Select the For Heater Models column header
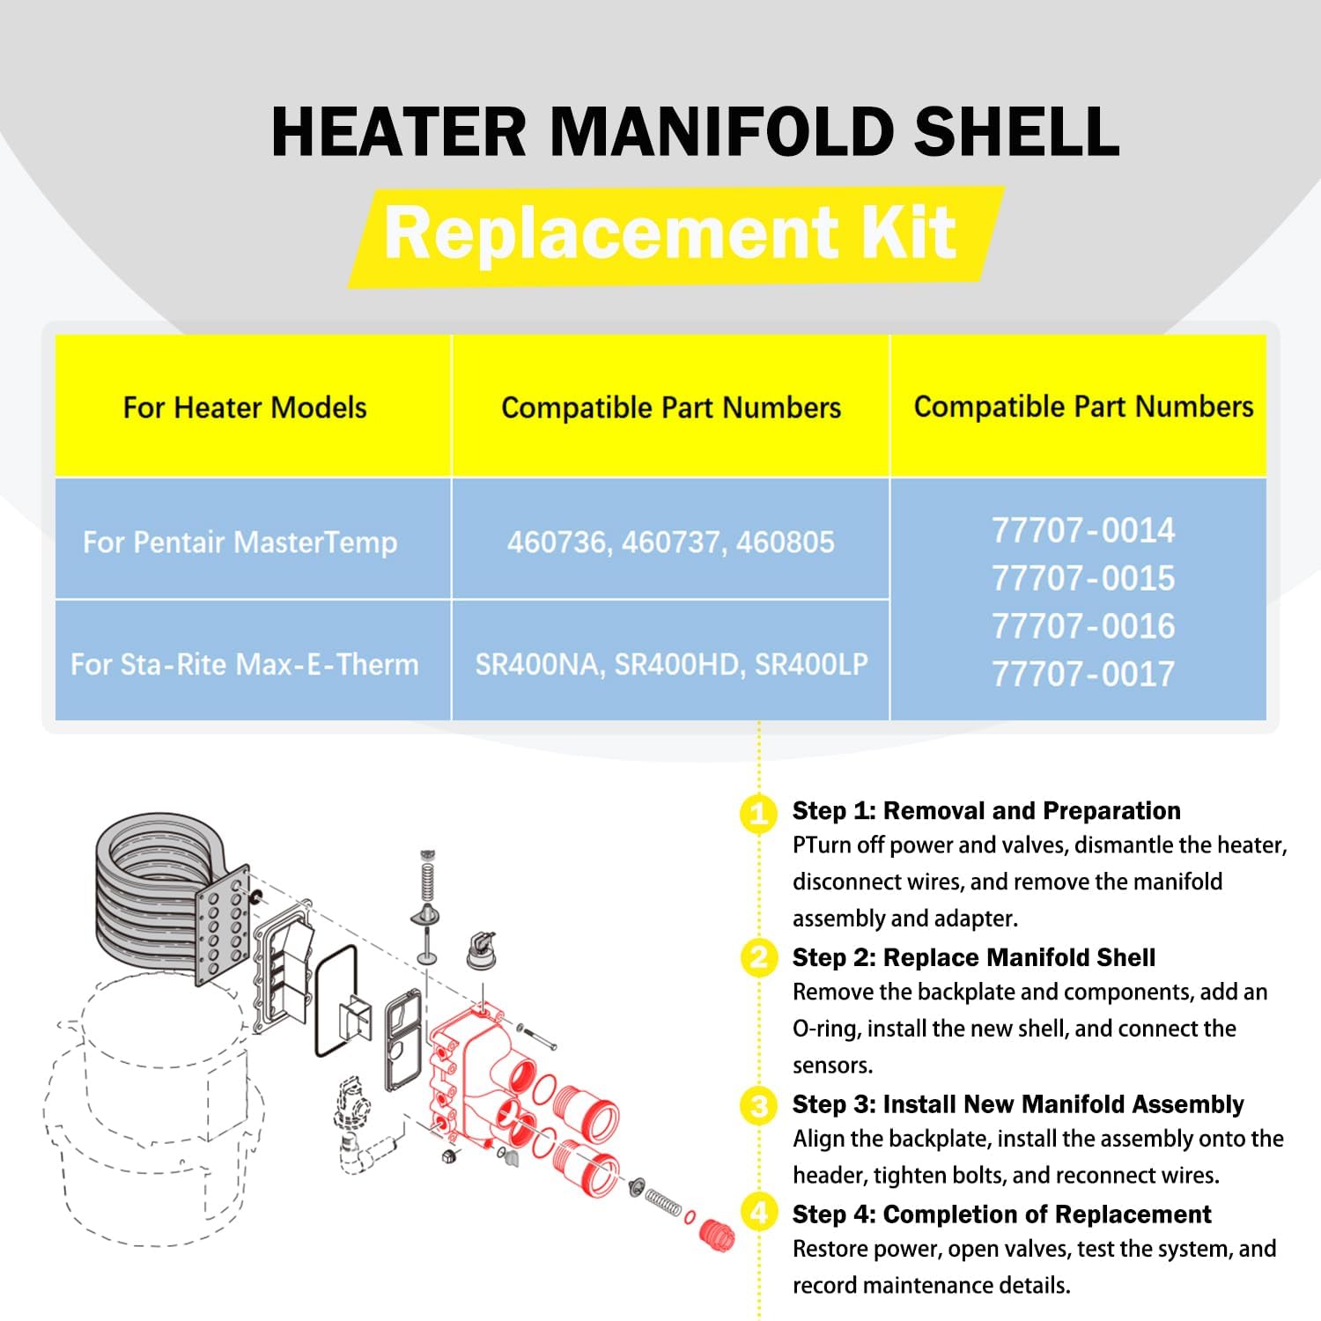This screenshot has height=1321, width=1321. pos(245,408)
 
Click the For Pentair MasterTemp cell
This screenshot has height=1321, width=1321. pos(240,542)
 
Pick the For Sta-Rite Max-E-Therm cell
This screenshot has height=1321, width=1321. pos(245,664)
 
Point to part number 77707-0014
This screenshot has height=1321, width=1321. pos(1082,530)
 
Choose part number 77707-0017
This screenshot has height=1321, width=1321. pos(1082,675)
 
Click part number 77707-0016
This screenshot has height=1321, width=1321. pos(1082,626)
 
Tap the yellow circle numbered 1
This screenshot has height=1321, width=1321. pos(758,813)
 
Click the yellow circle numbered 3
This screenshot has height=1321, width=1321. pos(758,1105)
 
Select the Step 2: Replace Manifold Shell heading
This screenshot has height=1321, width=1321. pos(973,957)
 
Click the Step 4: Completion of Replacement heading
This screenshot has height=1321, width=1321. pos(1001,1214)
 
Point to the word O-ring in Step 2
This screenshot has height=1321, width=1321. pos(824,1029)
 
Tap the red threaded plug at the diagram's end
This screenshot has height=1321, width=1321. pos(716,1234)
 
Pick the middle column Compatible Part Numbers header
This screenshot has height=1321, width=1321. pos(671,408)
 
